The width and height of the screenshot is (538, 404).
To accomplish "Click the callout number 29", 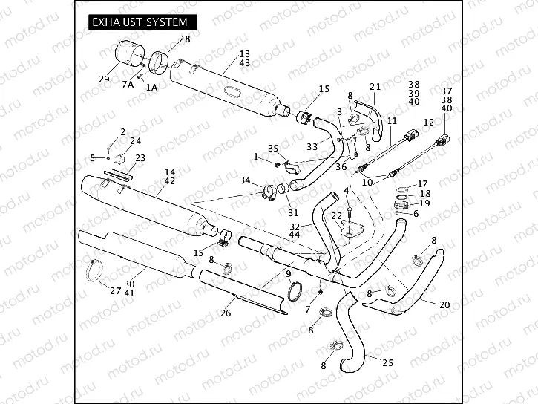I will pyautogui.click(x=104, y=79).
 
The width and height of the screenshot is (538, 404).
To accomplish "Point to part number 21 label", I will pyautogui.click(x=375, y=86).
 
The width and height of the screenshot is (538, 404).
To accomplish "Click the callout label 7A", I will pyautogui.click(x=128, y=86).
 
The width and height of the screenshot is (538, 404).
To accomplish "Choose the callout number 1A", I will pyautogui.click(x=151, y=87).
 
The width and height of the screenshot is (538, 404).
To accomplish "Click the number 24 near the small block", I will pyautogui.click(x=135, y=140).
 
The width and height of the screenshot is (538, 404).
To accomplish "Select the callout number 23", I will pyautogui.click(x=140, y=157).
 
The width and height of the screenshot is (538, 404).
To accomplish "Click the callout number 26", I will pyautogui.click(x=226, y=313).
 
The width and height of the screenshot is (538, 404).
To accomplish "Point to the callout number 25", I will pyautogui.click(x=387, y=363).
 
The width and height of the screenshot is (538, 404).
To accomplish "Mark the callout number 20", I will pyautogui.click(x=444, y=304).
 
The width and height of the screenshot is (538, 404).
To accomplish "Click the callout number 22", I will pyautogui.click(x=336, y=215).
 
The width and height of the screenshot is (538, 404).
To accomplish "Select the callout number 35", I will pyautogui.click(x=272, y=149).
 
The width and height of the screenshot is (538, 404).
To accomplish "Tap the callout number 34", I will pyautogui.click(x=245, y=180).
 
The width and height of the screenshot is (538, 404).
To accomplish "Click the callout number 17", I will pyautogui.click(x=423, y=183).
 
